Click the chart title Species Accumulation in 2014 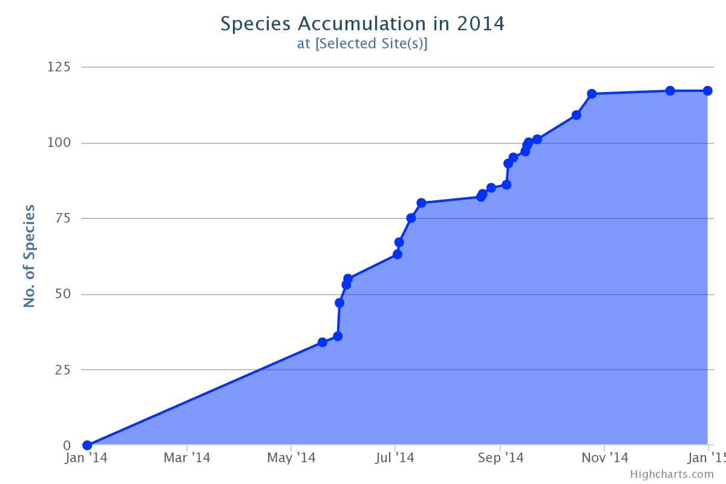coord(362,24)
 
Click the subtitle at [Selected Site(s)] coord(362,44)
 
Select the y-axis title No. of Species coord(29,256)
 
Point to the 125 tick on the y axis coord(59,67)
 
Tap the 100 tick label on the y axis coord(59,143)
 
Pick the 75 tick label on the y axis coord(62,218)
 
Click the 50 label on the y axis coord(62,294)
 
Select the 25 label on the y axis coord(62,370)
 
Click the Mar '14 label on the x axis coord(187,458)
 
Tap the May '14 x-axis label coord(291,458)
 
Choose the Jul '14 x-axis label coord(394,458)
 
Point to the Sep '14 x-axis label coord(500,458)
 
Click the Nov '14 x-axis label coord(605,458)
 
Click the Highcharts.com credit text coord(672,474)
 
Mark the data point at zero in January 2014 coord(87,445)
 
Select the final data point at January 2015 coord(707,91)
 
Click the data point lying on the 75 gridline coord(411,218)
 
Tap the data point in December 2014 coord(670,91)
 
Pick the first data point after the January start coord(322,342)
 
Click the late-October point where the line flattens coord(592,94)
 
